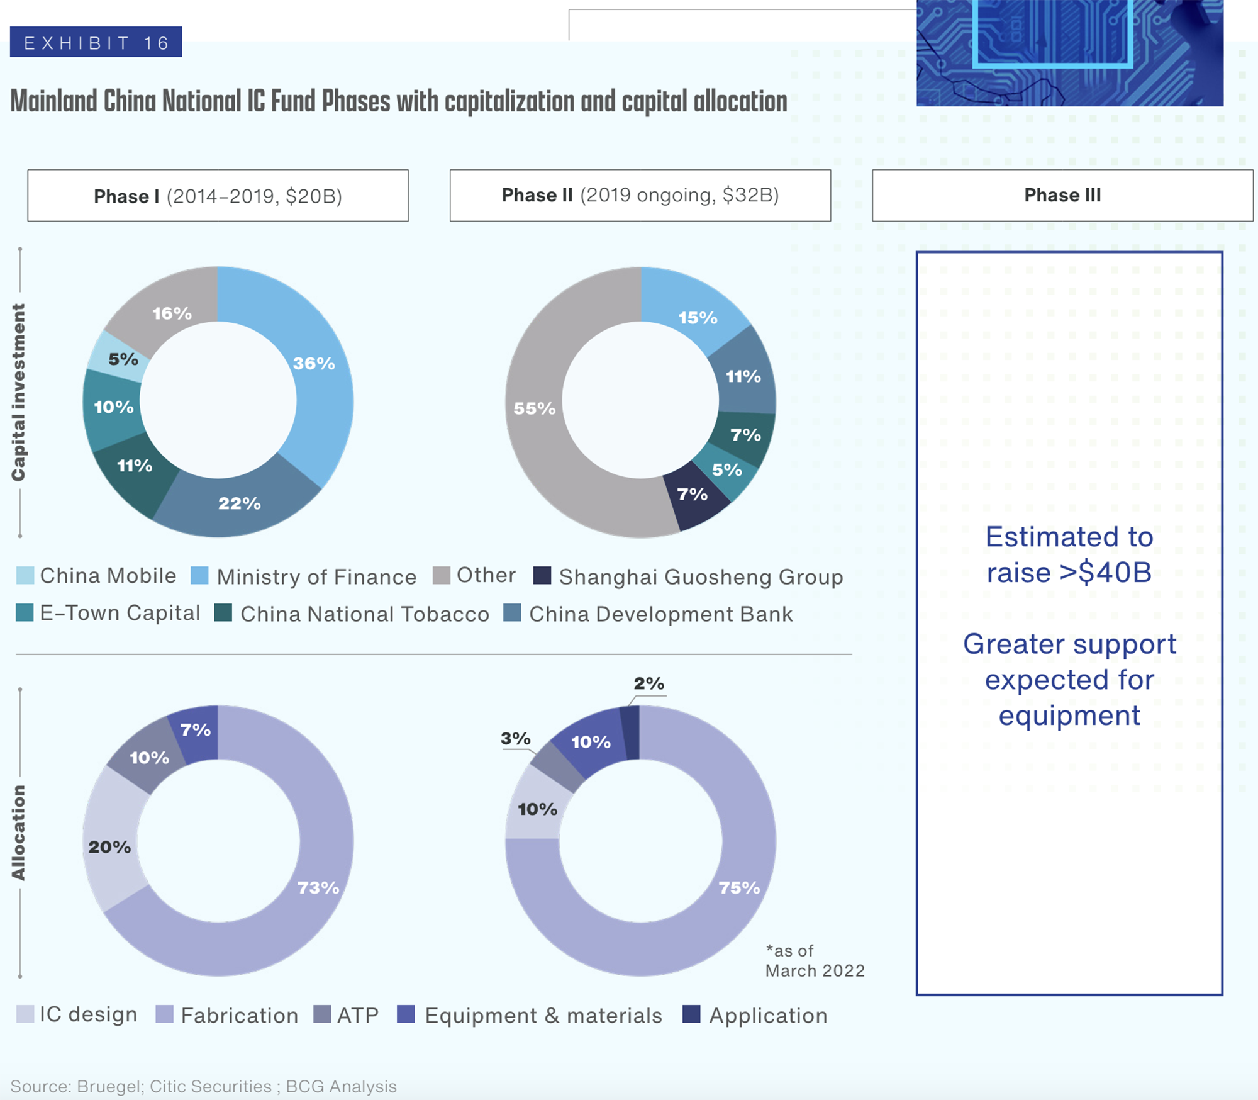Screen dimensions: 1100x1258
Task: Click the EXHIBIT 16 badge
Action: (96, 42)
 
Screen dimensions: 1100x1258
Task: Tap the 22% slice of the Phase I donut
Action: (239, 503)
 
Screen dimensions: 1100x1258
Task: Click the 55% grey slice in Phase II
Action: (535, 408)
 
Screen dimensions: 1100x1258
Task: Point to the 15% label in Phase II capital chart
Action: (698, 318)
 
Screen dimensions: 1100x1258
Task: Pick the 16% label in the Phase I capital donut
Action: (172, 313)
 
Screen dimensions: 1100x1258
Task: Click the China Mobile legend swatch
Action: (25, 575)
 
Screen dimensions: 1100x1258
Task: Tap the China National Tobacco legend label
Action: (365, 614)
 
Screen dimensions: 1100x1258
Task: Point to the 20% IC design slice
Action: (110, 847)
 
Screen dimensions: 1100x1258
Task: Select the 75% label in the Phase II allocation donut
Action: (739, 888)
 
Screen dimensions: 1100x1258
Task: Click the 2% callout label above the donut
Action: (648, 683)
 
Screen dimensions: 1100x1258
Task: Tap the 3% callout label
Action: (516, 738)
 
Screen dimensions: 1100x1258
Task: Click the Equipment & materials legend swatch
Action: (406, 1014)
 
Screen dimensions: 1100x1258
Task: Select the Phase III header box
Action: (1062, 195)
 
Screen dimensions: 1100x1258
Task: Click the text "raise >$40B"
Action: (1069, 573)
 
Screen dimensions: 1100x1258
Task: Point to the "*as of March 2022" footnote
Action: (815, 961)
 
